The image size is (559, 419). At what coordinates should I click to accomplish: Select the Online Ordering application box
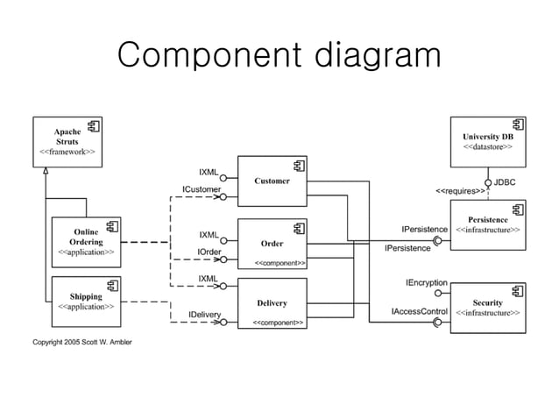click(86, 242)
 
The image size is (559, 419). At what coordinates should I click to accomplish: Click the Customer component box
click(272, 181)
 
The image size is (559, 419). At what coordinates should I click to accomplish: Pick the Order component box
click(272, 243)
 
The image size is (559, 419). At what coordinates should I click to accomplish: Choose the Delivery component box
click(272, 303)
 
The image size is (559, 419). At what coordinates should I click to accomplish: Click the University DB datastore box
click(488, 140)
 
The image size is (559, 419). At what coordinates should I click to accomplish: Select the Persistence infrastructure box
click(488, 224)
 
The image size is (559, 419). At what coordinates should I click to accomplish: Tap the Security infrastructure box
click(488, 306)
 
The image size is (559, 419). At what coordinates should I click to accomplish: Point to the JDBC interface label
click(505, 181)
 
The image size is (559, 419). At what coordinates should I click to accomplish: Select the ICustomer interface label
click(201, 189)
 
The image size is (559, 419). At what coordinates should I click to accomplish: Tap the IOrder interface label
click(209, 252)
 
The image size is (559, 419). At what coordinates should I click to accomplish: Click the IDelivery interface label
click(204, 314)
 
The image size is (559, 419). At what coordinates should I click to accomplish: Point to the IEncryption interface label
click(427, 284)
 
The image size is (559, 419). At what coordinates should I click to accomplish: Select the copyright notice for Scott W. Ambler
click(82, 340)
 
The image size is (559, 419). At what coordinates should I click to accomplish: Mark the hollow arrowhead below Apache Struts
click(46, 169)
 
